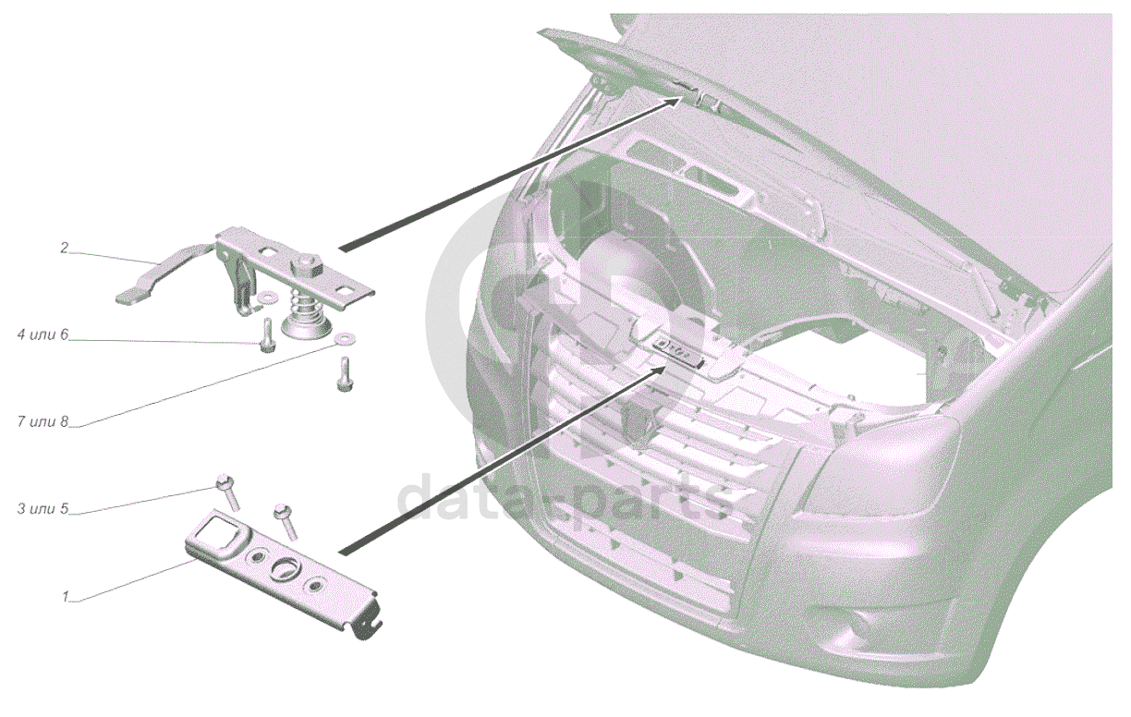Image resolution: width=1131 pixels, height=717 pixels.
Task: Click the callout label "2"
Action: pyautogui.click(x=64, y=249)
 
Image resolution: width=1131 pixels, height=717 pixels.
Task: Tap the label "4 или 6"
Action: pyautogui.click(x=43, y=334)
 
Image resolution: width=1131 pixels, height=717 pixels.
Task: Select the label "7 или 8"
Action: pyautogui.click(x=43, y=421)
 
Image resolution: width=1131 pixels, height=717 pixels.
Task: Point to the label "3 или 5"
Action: pyautogui.click(x=43, y=508)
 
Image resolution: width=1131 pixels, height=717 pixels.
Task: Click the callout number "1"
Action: pyautogui.click(x=65, y=597)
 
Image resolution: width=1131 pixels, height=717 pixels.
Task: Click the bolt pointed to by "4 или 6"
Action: pyautogui.click(x=267, y=335)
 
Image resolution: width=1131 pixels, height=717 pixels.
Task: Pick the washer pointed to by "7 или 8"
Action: pyautogui.click(x=345, y=338)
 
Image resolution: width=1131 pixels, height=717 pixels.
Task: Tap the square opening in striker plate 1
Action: pyautogui.click(x=219, y=531)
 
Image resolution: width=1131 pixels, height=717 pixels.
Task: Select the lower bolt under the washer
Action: pyautogui.click(x=344, y=374)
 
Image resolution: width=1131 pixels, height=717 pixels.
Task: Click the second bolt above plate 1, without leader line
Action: pyautogui.click(x=286, y=522)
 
